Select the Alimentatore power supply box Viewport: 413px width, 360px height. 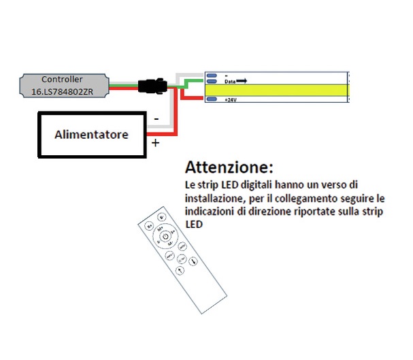tap(92, 135)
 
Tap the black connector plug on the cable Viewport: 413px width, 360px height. tap(150, 86)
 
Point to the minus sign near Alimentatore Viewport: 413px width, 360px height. tap(157, 118)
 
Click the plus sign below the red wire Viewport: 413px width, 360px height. tap(156, 143)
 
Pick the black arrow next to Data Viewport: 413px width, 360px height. tap(242, 80)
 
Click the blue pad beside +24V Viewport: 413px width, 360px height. tap(212, 99)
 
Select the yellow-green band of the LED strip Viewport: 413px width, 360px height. tap(279, 90)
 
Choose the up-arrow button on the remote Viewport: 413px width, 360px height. tap(179, 270)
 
